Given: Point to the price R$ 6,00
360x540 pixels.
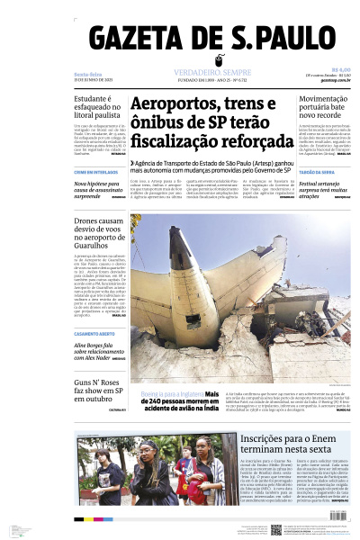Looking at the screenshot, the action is coord(340,68).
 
